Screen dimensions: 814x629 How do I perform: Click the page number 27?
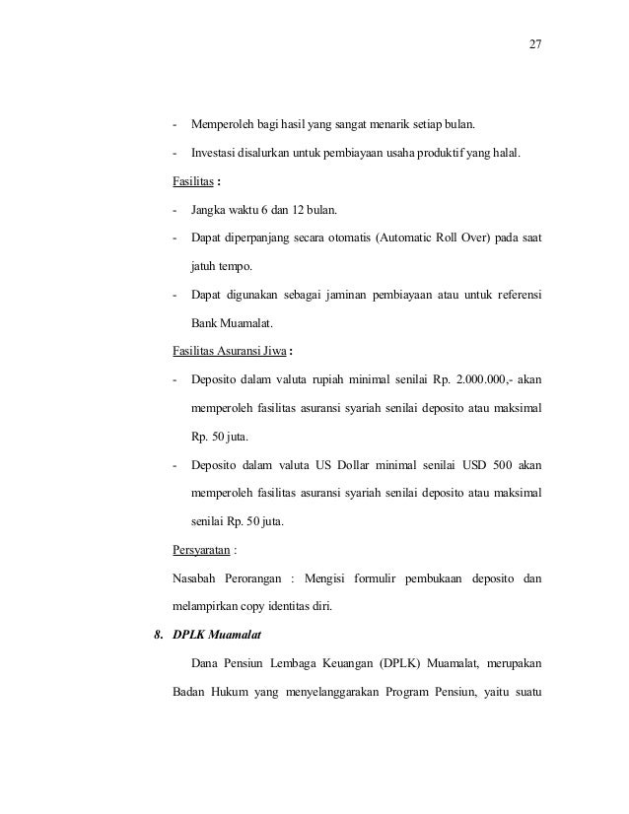(x=535, y=45)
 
